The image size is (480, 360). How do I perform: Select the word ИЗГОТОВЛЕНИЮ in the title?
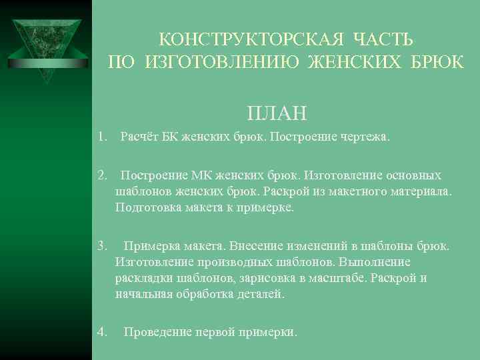(x=221, y=63)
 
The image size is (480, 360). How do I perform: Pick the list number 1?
(x=101, y=138)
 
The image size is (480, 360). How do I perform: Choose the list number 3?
(x=101, y=247)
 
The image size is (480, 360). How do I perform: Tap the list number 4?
(x=101, y=331)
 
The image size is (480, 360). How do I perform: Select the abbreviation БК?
(x=171, y=138)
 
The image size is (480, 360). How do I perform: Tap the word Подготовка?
(x=146, y=207)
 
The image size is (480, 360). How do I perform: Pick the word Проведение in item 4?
(x=157, y=331)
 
